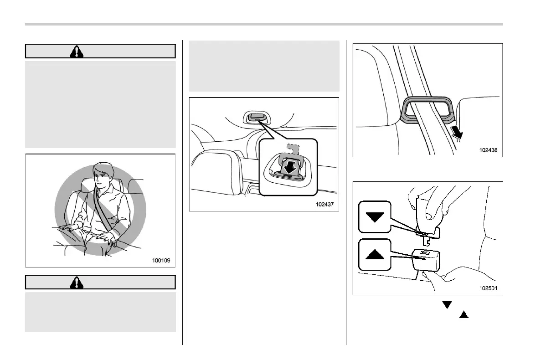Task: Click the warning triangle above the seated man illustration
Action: click(x=77, y=51)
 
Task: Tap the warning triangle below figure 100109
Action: click(x=77, y=283)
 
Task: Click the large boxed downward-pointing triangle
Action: click(x=375, y=217)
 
